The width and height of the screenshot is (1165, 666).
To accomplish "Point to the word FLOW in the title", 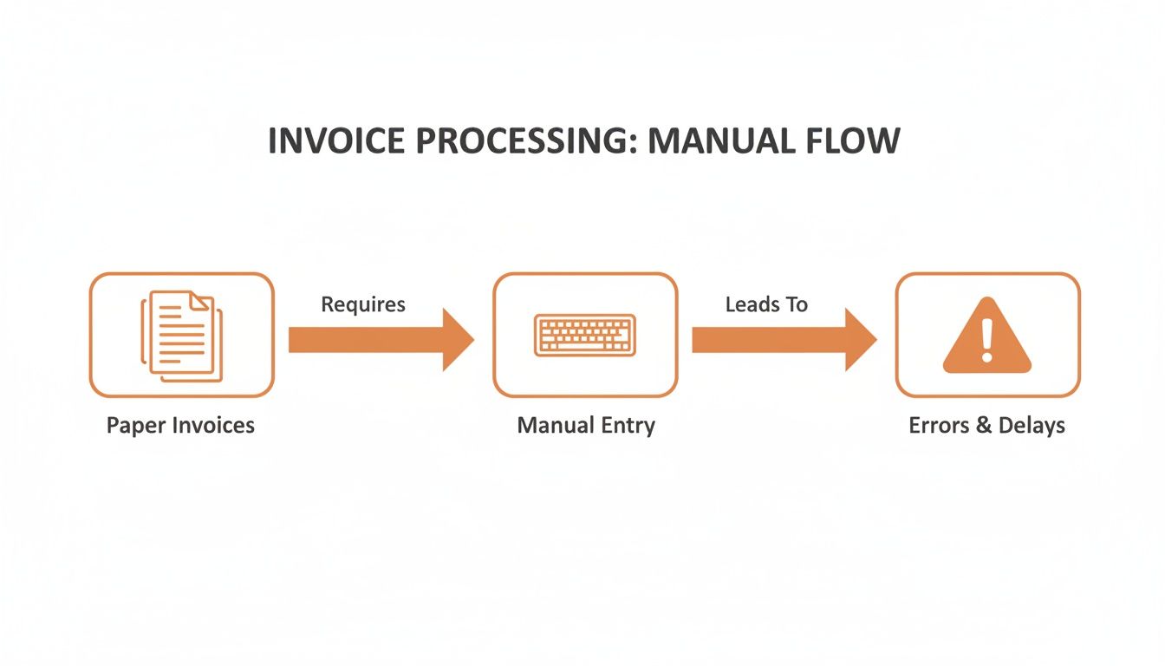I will (858, 140).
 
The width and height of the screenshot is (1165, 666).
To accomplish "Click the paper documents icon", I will (181, 336).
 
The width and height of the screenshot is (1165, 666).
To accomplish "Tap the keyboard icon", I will (585, 335).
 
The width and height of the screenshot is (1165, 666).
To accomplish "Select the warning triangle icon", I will (986, 336).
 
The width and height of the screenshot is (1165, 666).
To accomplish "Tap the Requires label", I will (363, 304).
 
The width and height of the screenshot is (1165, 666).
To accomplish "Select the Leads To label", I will (766, 304).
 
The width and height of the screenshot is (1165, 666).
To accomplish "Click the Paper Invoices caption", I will (180, 426).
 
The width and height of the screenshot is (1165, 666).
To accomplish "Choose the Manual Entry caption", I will (586, 426).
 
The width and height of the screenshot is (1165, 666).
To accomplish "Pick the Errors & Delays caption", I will (986, 426).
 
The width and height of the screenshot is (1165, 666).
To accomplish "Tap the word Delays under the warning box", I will (1032, 426).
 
